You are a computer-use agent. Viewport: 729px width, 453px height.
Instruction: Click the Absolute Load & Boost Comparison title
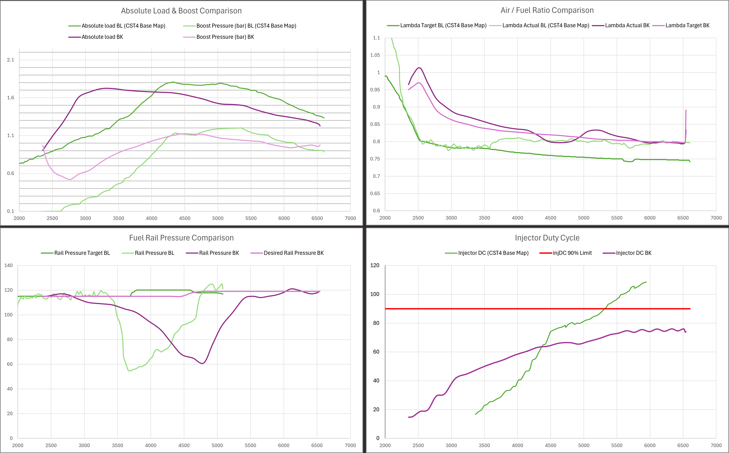coord(181,11)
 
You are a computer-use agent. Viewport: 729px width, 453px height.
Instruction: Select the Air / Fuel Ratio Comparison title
coord(547,10)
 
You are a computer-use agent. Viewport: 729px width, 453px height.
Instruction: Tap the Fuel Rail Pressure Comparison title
coord(181,238)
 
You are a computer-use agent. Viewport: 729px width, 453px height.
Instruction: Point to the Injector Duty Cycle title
coord(547,238)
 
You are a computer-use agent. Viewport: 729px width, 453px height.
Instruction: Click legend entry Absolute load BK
coord(102,37)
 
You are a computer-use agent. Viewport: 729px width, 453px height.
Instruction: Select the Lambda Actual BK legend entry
coord(627,25)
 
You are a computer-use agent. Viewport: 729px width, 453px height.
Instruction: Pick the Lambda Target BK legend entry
coord(687,25)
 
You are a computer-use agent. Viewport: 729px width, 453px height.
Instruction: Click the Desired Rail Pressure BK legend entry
coord(293,253)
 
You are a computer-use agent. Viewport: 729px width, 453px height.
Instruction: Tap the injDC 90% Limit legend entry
coord(572,253)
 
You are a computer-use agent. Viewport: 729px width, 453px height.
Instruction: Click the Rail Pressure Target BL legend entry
coord(82,253)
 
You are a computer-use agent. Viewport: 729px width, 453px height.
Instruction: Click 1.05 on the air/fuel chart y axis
coord(375,55)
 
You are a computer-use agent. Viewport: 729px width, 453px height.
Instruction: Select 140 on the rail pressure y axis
coord(8,265)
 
